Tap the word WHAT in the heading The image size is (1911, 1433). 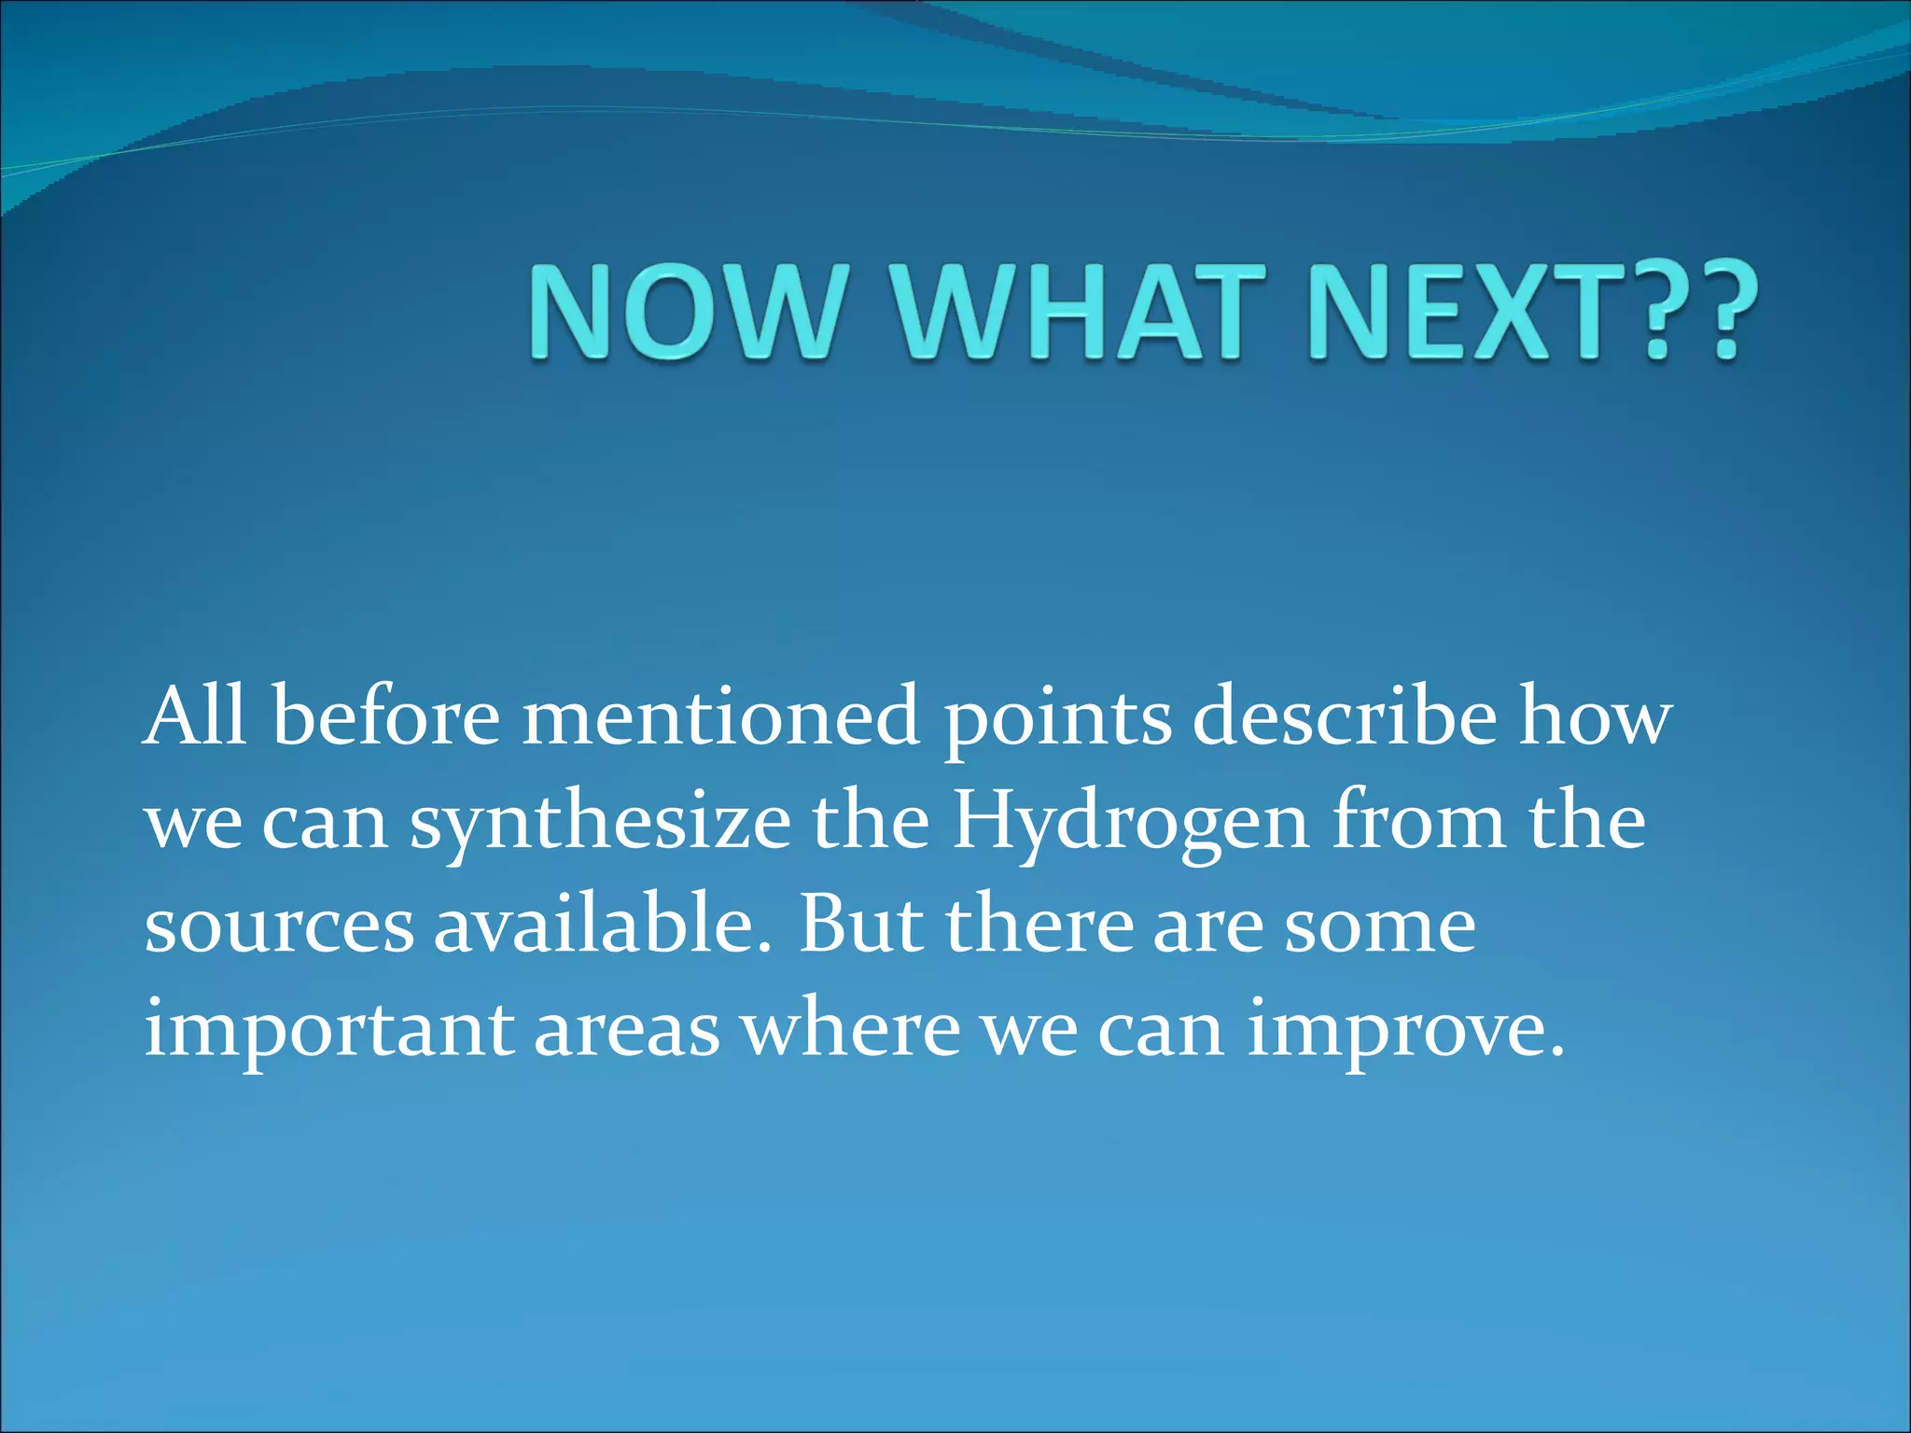tap(1067, 312)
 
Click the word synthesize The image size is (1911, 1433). tap(599, 825)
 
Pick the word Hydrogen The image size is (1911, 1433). tap(1130, 825)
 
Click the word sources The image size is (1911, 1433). tap(278, 928)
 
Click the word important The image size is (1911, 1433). tap(328, 1031)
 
